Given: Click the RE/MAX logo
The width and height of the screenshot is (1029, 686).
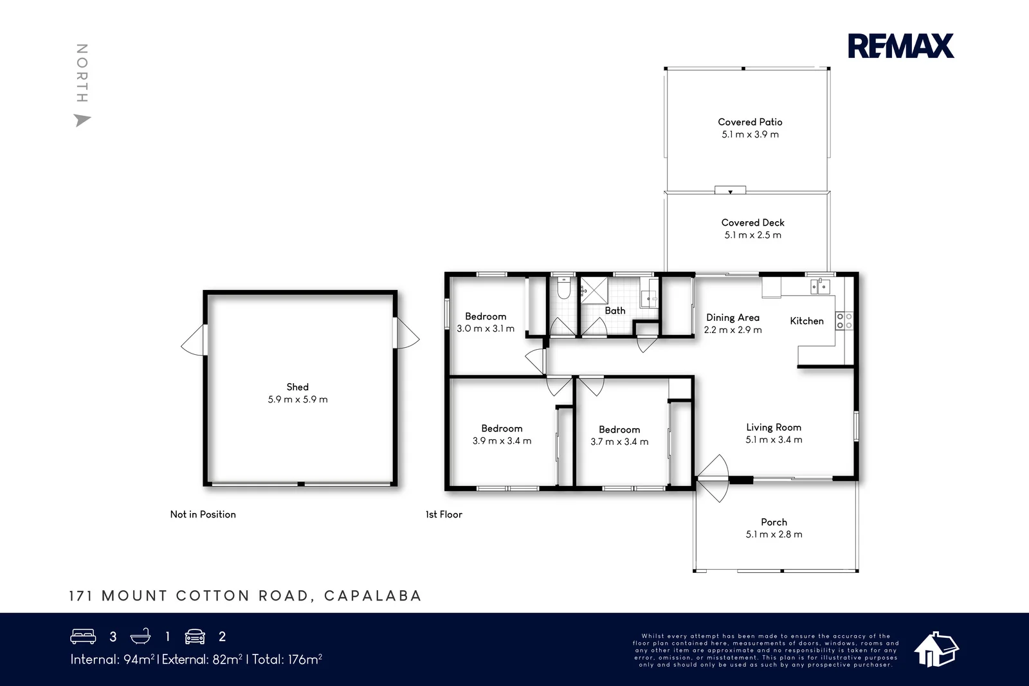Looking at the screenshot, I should pyautogui.click(x=900, y=46).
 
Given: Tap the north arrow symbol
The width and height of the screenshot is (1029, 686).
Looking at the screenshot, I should pyautogui.click(x=82, y=120).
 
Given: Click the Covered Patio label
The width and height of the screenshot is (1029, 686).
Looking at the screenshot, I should pyautogui.click(x=750, y=122).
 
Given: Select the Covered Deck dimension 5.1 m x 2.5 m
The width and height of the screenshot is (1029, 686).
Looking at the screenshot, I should pyautogui.click(x=752, y=235).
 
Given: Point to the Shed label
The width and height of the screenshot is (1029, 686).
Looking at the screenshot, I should pyautogui.click(x=297, y=387).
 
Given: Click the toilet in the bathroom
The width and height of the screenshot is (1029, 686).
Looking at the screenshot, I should pyautogui.click(x=563, y=289).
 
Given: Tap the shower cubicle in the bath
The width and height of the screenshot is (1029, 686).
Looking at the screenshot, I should pyautogui.click(x=594, y=290).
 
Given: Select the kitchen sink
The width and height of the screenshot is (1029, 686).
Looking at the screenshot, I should pyautogui.click(x=820, y=286).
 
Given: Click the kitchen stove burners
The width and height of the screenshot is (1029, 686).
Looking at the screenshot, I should pyautogui.click(x=844, y=321).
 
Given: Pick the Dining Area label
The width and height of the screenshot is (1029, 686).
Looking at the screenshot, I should pyautogui.click(x=733, y=318).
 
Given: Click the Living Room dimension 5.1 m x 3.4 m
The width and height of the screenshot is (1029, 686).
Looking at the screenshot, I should pyautogui.click(x=774, y=440).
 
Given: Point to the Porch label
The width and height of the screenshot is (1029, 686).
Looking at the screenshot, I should pyautogui.click(x=774, y=522).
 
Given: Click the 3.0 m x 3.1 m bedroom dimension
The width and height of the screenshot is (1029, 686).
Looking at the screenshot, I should pyautogui.click(x=486, y=329).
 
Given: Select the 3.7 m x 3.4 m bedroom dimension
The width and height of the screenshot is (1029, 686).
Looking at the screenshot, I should pyautogui.click(x=619, y=442).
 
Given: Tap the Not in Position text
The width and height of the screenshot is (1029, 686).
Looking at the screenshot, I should pyautogui.click(x=203, y=514).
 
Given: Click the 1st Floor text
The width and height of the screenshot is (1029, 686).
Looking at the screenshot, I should pyautogui.click(x=444, y=514).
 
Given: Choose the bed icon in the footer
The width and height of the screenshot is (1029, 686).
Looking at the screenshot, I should pyautogui.click(x=83, y=636).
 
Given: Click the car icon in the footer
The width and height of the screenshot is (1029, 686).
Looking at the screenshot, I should pyautogui.click(x=195, y=636).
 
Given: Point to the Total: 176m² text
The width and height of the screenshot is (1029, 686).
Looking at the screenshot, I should pyautogui.click(x=287, y=659).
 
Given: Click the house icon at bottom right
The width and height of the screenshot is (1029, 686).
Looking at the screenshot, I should pyautogui.click(x=936, y=649).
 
